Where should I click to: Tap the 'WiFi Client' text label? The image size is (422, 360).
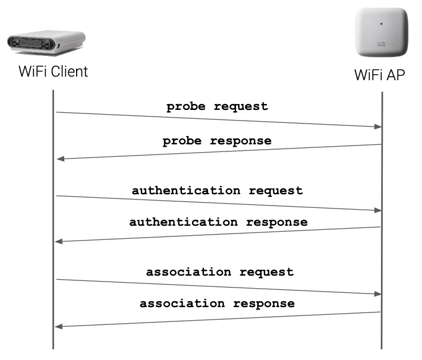[x=53, y=72]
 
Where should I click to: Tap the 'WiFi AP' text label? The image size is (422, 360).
[x=380, y=75]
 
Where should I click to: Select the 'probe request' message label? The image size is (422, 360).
[x=217, y=107]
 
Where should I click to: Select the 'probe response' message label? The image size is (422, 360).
[x=217, y=141]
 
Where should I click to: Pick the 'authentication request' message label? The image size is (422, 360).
[x=217, y=191]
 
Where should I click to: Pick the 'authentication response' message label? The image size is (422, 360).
[x=218, y=222]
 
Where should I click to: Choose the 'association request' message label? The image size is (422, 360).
[x=219, y=272]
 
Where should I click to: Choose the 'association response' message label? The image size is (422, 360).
[x=217, y=303]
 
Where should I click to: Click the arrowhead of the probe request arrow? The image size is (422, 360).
[x=377, y=127]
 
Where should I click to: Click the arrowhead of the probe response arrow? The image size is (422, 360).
[x=59, y=159]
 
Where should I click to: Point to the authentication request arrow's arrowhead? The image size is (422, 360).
[x=377, y=210]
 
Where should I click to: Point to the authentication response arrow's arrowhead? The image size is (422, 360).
[x=59, y=241]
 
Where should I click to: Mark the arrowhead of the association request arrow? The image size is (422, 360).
[x=377, y=294]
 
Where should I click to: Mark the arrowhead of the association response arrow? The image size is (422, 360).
[x=59, y=326]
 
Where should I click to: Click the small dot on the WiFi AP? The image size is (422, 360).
[x=380, y=24]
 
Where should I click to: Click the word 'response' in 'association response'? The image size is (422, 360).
[x=263, y=303]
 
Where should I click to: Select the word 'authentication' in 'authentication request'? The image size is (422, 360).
[x=186, y=191]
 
